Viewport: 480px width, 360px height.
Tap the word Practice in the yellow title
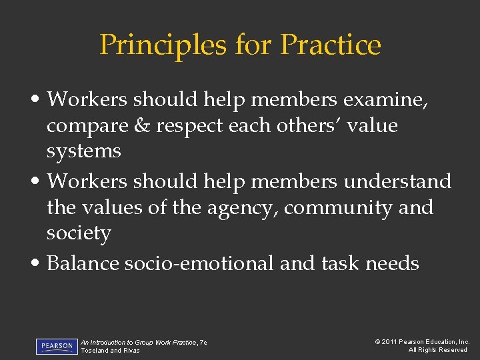tap(331, 45)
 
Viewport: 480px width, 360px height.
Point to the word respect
tap(185, 126)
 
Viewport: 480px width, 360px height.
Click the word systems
tap(83, 151)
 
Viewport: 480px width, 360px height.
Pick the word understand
tap(398, 181)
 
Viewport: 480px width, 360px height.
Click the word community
tap(338, 207)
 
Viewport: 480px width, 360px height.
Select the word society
tap(79, 233)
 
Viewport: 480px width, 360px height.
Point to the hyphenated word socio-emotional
tap(199, 263)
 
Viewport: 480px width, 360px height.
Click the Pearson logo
tap(57, 347)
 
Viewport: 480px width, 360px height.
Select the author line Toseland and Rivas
tap(110, 351)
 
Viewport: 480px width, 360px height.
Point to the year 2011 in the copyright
tap(391, 342)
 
